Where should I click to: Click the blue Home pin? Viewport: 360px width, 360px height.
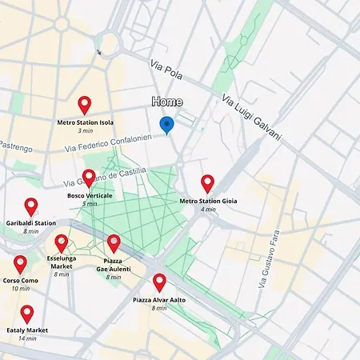point(166,125)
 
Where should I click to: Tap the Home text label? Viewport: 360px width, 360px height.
point(166,102)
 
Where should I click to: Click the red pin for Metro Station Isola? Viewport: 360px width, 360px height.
point(85,105)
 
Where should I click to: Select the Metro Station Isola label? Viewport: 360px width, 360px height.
point(85,122)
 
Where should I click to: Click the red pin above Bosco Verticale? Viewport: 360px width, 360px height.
point(89,178)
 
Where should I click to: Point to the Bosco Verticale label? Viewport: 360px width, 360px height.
point(90,195)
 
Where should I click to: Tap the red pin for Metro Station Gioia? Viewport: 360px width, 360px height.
point(207,184)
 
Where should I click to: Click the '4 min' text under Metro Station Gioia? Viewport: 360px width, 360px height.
point(208,210)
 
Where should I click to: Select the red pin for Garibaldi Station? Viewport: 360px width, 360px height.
point(31,206)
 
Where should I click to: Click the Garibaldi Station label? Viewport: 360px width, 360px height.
point(31,223)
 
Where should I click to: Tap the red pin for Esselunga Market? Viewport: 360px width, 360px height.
point(62,243)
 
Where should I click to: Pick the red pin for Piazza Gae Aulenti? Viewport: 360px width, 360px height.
point(114,243)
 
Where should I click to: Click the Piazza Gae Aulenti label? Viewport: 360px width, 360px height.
point(114,265)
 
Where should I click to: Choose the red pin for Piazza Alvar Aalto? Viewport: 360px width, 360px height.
point(159,282)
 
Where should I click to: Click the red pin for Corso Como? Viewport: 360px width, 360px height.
point(20,264)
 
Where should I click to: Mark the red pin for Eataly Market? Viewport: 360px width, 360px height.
point(27,313)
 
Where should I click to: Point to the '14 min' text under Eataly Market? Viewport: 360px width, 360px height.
point(27,338)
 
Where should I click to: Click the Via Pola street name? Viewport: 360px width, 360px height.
point(166,69)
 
